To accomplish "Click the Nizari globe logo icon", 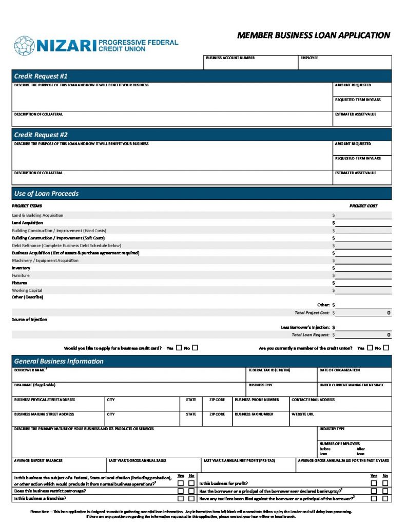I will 24,45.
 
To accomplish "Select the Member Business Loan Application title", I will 314,35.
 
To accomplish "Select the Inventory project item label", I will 21,268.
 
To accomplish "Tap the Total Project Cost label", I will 312,313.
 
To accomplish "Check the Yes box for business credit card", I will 179,348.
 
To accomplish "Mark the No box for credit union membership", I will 386,348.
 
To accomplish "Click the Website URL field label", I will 303,414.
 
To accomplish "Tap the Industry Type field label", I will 332,428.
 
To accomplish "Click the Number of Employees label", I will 340,443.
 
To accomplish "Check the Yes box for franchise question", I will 181,498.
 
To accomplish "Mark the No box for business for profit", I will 385,483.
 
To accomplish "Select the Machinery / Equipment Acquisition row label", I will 45,260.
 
